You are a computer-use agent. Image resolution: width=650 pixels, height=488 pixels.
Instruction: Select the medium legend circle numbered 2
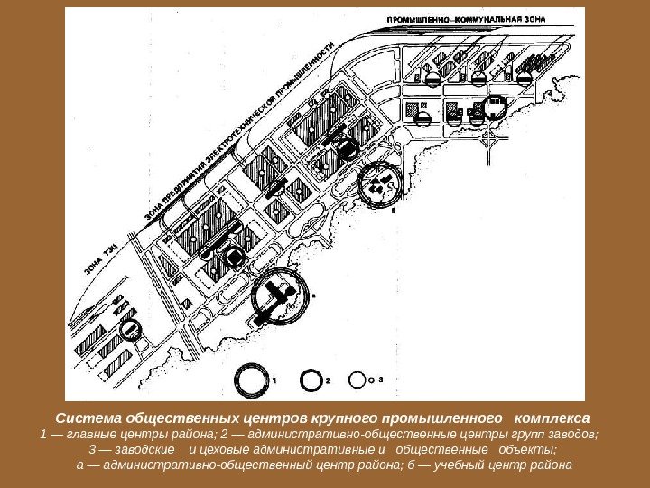[311, 381]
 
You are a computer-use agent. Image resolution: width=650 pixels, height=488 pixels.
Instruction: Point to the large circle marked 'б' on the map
[379, 184]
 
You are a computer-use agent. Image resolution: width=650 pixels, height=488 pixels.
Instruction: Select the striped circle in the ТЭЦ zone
[132, 330]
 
